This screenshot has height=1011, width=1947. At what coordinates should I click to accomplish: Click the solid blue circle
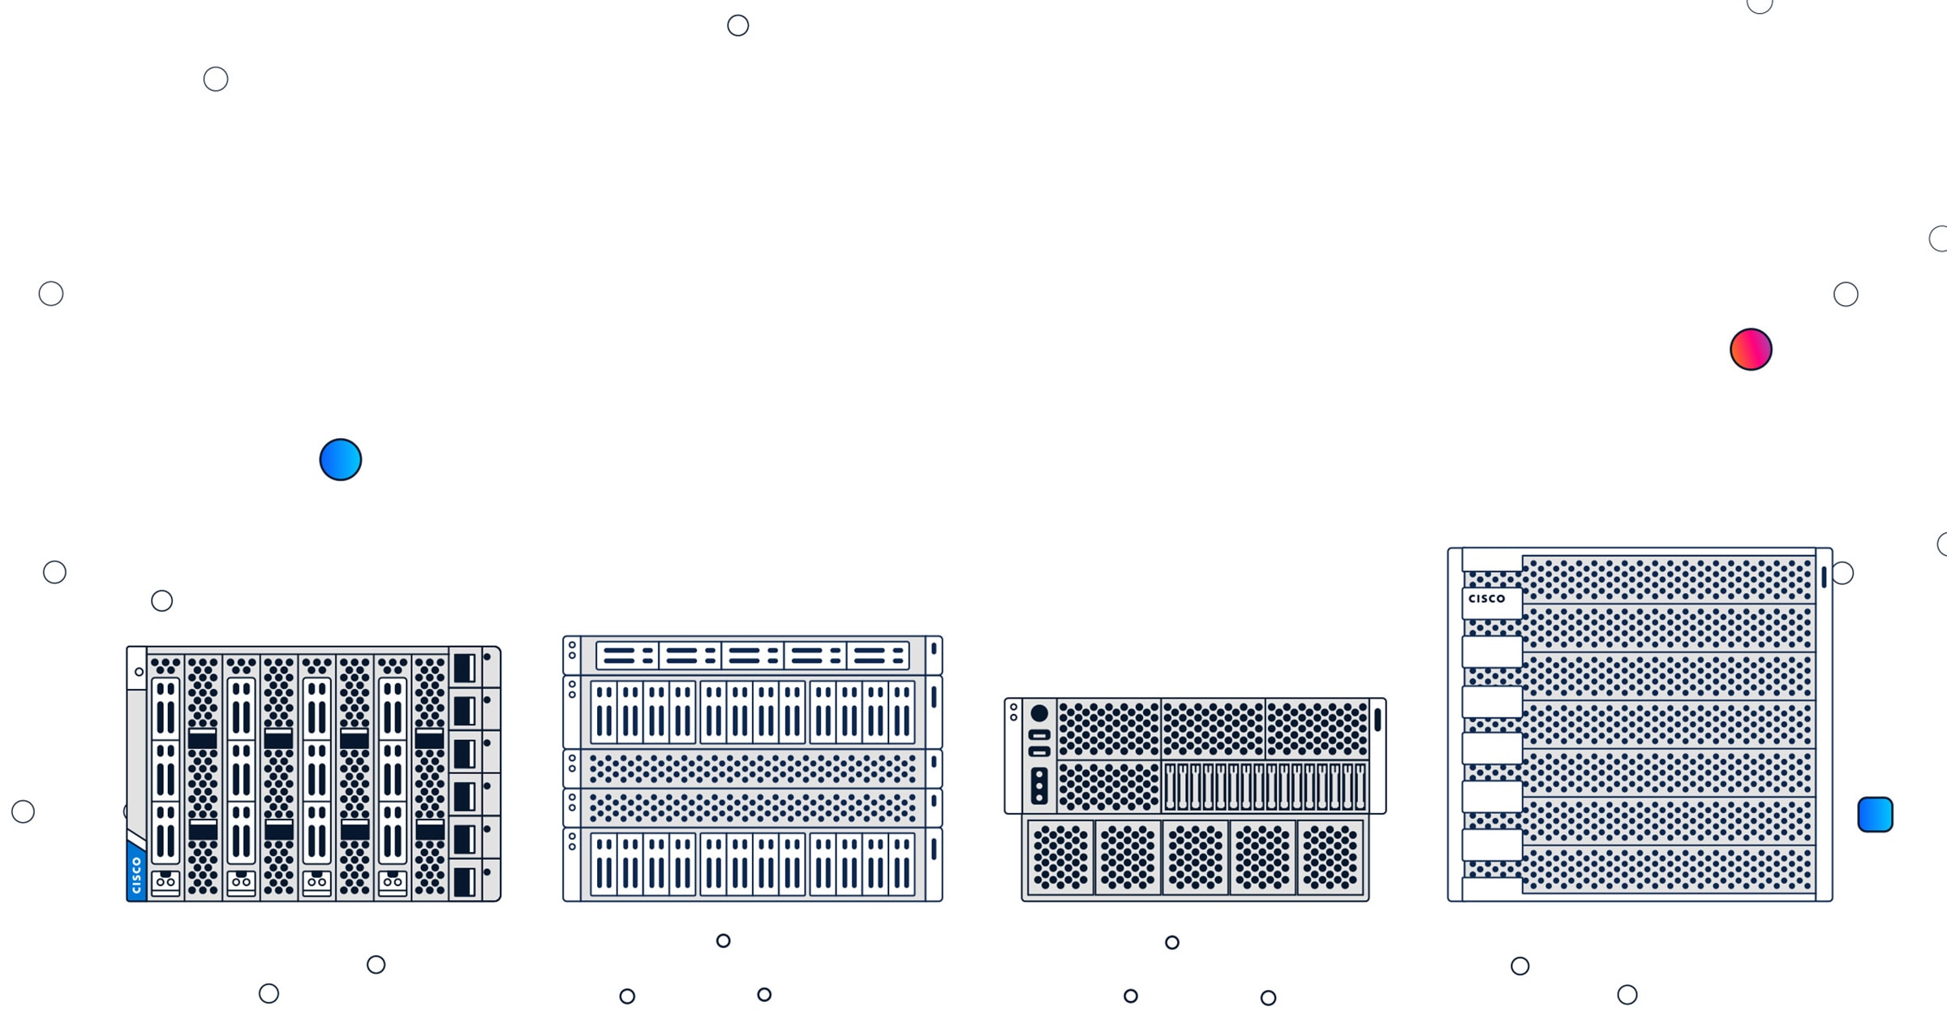[340, 460]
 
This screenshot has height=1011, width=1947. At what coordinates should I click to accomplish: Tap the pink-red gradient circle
[1751, 350]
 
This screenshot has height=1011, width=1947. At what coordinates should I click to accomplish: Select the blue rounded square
[1875, 815]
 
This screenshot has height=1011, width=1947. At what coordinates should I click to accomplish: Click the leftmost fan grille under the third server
[1060, 858]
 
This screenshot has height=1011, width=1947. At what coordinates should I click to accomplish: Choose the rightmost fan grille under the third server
[1330, 858]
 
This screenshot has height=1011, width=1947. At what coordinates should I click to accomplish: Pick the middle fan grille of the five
[1195, 858]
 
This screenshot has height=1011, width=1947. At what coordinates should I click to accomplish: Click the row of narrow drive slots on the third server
[1265, 786]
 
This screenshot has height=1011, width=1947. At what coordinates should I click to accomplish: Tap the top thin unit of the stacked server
[752, 656]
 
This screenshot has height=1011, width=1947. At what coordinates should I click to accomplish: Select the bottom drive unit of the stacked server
[752, 864]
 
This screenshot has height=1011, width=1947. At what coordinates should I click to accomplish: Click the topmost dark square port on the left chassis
[464, 669]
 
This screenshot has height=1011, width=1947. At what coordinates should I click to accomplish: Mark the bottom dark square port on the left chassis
[464, 882]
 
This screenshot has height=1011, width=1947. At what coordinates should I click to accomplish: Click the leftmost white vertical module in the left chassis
[165, 771]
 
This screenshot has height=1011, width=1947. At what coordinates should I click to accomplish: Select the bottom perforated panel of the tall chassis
[1667, 870]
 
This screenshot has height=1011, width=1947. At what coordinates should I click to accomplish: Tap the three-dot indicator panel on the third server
[1039, 785]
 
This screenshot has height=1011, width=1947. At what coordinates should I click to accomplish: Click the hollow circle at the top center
[737, 26]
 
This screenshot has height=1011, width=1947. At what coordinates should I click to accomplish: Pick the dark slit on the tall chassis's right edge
[1824, 577]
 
